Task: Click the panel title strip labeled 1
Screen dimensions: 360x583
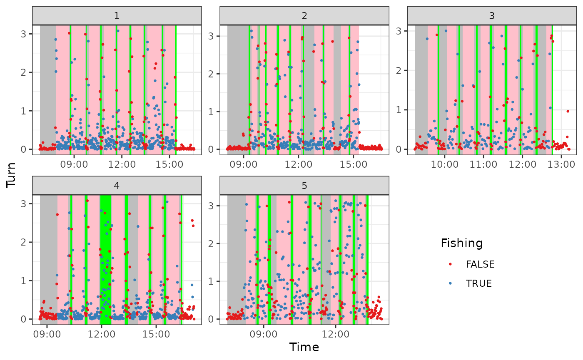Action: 117,16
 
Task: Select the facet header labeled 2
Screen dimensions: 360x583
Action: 304,16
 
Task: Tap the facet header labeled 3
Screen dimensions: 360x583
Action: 492,16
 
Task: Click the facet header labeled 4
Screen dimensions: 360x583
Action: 117,186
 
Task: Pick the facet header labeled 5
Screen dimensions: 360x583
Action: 304,186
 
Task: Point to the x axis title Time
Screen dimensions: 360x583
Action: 304,347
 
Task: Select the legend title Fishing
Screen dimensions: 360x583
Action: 462,243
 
